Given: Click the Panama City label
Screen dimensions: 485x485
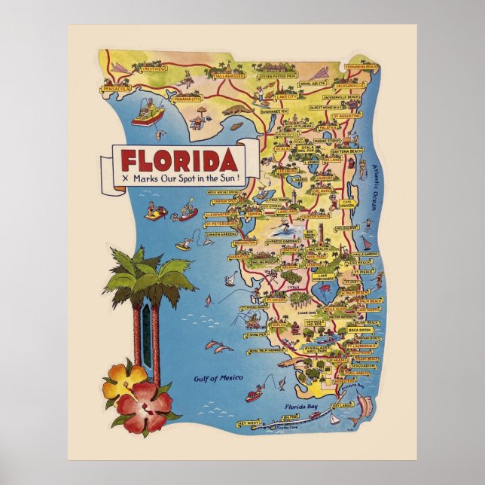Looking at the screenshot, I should pos(186,99).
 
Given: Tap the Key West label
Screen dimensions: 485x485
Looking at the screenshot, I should pos(247,424).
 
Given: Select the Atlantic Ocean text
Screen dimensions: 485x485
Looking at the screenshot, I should pos(375,185).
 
